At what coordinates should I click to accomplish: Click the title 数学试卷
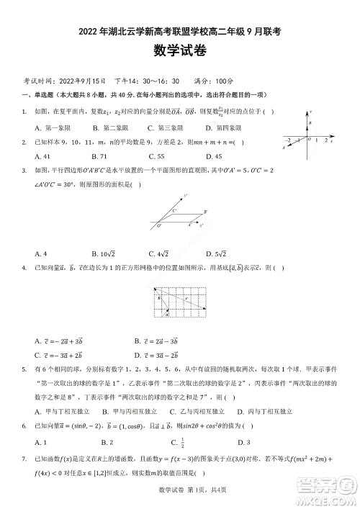179,50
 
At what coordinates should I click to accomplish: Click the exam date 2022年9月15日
82,81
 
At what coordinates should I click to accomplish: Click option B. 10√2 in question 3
104,253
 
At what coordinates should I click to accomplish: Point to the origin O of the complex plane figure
308,138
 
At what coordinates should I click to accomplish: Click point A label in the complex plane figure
283,147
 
